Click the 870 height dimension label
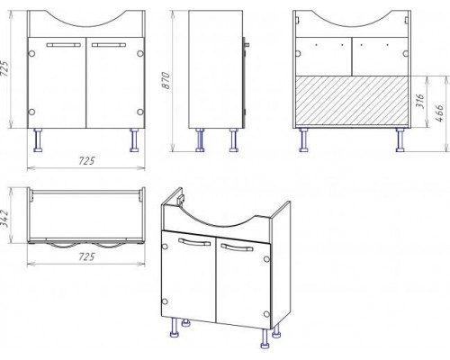click(x=166, y=80)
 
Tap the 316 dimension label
click(x=420, y=102)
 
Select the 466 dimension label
click(x=439, y=113)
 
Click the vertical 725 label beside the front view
click(x=5, y=68)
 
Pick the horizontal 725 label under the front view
click(x=86, y=161)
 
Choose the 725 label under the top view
click(x=86, y=256)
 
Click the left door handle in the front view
click(x=64, y=45)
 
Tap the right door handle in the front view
click(x=109, y=45)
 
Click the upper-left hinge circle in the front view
click(x=31, y=54)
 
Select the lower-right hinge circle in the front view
click(x=140, y=112)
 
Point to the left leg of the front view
click(x=38, y=140)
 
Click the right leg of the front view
click(x=134, y=140)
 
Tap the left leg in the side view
click(x=200, y=140)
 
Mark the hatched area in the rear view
click(x=352, y=100)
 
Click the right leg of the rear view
click(x=400, y=140)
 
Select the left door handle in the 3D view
click(x=194, y=242)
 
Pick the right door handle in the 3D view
click(x=237, y=247)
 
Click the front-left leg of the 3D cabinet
click(x=174, y=328)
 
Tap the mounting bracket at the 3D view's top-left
click(x=180, y=199)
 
